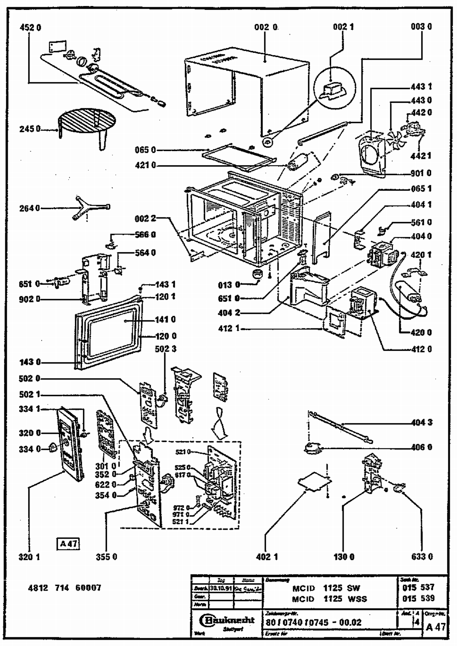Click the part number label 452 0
(x=30, y=27)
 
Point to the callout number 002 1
(x=343, y=27)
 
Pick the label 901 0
(x=421, y=173)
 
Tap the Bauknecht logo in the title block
(x=227, y=619)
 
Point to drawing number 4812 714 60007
(x=64, y=588)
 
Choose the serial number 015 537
(x=418, y=587)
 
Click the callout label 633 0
(x=422, y=557)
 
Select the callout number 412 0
(x=421, y=349)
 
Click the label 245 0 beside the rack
(x=30, y=129)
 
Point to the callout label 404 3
(x=422, y=422)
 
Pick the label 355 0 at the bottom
(x=106, y=557)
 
